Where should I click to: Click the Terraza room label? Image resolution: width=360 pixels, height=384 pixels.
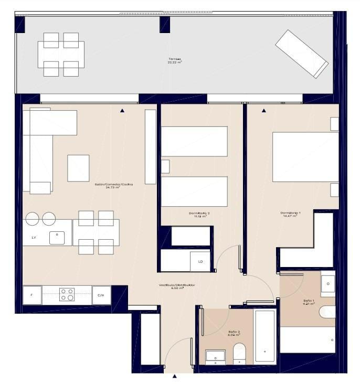click(x=175, y=61)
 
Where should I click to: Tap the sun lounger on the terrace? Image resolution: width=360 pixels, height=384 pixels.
click(x=302, y=54)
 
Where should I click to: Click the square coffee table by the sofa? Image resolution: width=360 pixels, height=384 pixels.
click(x=78, y=168)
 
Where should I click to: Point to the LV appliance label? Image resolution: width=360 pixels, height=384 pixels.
click(x=34, y=238)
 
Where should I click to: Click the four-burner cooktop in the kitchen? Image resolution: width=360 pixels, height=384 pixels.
click(x=67, y=295)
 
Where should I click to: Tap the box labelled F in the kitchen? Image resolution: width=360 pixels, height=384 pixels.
click(x=32, y=295)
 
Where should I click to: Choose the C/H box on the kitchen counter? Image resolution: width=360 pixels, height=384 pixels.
click(x=101, y=295)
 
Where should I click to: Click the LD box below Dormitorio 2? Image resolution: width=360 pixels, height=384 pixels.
click(x=200, y=261)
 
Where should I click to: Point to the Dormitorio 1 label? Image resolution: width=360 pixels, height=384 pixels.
click(x=290, y=214)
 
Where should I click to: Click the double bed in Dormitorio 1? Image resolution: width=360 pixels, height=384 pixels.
click(x=305, y=157)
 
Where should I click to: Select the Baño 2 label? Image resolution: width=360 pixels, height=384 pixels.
click(x=235, y=333)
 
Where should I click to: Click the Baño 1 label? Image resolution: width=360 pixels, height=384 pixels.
click(x=309, y=302)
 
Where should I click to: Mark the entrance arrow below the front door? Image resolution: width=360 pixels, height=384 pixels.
click(x=175, y=376)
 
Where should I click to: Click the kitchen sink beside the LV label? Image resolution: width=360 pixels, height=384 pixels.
click(x=57, y=238)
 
